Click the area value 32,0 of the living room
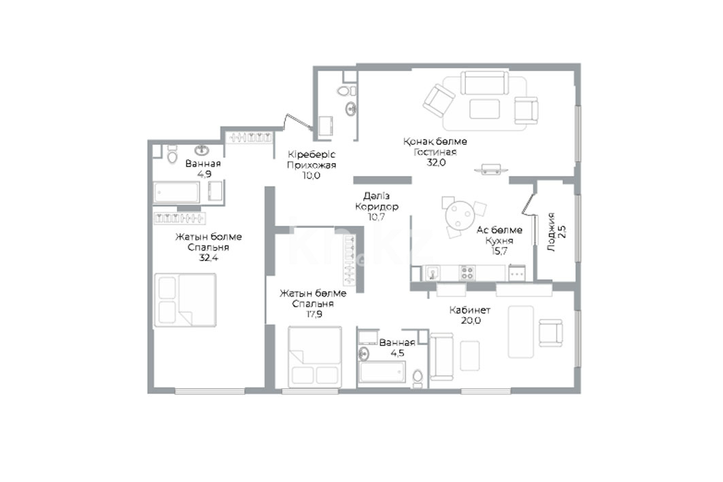click(x=436, y=162)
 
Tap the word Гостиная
click(x=435, y=152)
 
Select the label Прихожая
click(x=312, y=165)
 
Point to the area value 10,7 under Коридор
click(x=376, y=217)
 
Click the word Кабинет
click(x=470, y=311)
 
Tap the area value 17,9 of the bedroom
click(x=313, y=314)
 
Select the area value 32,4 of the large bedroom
click(x=208, y=258)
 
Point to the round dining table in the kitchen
click(x=459, y=214)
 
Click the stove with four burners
click(x=467, y=273)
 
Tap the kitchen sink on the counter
click(x=433, y=273)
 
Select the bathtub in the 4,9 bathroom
click(x=177, y=192)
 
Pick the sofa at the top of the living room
click(x=485, y=83)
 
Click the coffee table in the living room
click(x=484, y=109)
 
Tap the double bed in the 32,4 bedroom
click(x=186, y=300)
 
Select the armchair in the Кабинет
click(x=550, y=334)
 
